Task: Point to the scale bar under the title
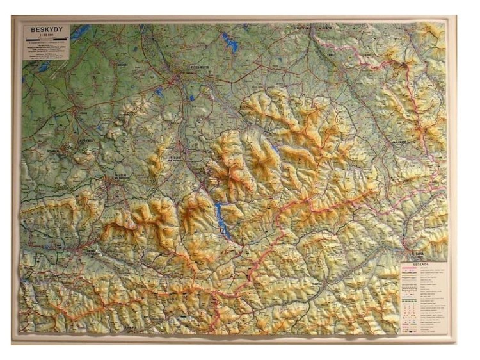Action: coord(45,40)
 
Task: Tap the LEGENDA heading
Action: coord(420,263)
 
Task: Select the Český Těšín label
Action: coord(301,28)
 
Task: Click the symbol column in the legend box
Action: coord(409,295)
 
